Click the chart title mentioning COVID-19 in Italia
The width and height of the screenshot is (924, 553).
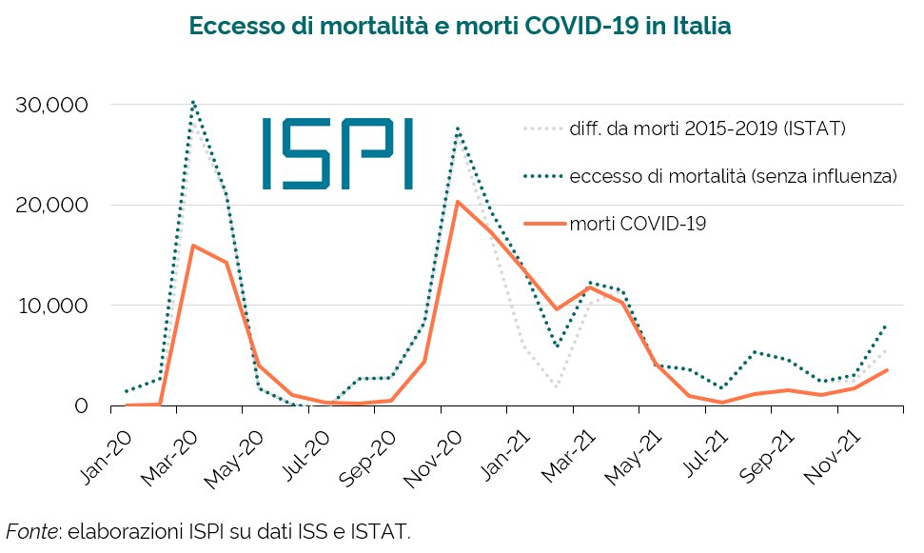pyautogui.click(x=461, y=26)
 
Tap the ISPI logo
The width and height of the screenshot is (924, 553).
pyautogui.click(x=337, y=152)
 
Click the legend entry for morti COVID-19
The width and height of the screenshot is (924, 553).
pyautogui.click(x=637, y=224)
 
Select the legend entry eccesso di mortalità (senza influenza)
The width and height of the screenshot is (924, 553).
pyautogui.click(x=733, y=176)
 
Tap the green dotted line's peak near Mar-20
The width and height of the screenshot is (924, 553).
pyautogui.click(x=192, y=101)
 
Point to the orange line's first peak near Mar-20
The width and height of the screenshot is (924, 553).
pyautogui.click(x=192, y=246)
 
